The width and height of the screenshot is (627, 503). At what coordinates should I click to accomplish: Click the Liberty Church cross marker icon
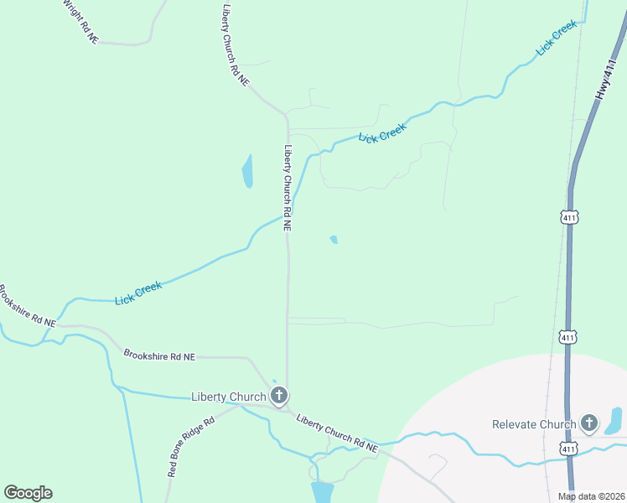click(x=280, y=395)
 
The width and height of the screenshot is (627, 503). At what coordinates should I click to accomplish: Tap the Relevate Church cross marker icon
click(x=590, y=423)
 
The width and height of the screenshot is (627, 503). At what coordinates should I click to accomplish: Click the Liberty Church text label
click(x=229, y=397)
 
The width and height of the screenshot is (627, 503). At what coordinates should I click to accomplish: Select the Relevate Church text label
click(x=535, y=424)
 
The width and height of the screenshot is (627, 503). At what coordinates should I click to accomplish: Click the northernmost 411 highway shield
click(x=570, y=217)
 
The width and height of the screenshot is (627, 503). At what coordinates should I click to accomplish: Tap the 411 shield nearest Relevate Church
click(x=570, y=450)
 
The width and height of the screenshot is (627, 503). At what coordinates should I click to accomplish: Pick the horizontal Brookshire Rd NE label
click(x=159, y=355)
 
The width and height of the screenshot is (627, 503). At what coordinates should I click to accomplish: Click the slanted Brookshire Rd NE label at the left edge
click(x=27, y=307)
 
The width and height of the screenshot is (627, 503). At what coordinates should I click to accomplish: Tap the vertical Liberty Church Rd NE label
click(x=288, y=188)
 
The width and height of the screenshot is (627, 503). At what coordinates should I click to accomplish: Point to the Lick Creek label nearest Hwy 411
click(x=557, y=38)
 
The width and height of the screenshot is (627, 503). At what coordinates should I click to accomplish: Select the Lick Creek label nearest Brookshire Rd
click(x=138, y=293)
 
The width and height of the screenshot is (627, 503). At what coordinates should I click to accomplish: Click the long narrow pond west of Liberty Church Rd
click(x=247, y=172)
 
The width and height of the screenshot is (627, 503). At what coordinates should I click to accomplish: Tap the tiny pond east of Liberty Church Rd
click(x=334, y=240)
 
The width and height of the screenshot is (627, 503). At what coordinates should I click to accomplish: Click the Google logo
click(x=28, y=493)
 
